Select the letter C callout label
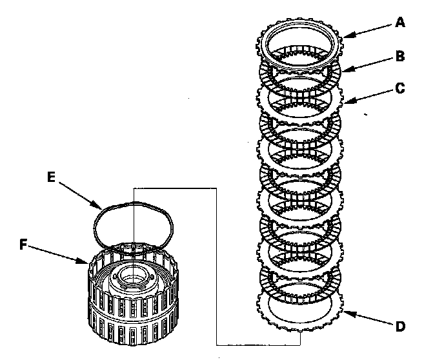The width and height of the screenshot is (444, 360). (401, 88)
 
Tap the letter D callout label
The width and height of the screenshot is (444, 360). (401, 326)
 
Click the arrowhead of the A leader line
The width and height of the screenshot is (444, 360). (344, 36)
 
